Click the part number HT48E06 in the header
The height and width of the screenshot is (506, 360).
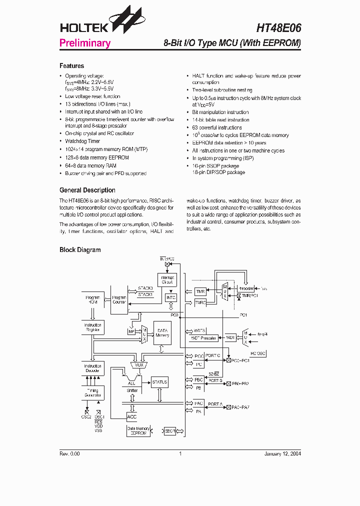point(279,28)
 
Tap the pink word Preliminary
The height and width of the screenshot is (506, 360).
point(84,43)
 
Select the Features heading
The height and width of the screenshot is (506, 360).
point(71,66)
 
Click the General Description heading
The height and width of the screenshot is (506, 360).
point(87,190)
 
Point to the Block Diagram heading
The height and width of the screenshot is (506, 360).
point(80,250)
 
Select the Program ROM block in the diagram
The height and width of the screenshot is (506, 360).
point(93,299)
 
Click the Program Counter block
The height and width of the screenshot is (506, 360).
point(119,299)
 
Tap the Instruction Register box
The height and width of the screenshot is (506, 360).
point(93,327)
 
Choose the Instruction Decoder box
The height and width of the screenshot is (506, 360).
point(93,368)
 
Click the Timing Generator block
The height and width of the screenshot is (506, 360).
point(93,392)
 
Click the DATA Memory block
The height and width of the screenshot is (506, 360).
point(162,333)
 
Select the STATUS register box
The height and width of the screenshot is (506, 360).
point(159,382)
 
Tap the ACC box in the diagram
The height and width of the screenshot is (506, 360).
point(132,416)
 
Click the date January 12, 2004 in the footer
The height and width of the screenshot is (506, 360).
point(282,453)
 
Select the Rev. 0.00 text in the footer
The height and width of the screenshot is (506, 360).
point(69,453)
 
